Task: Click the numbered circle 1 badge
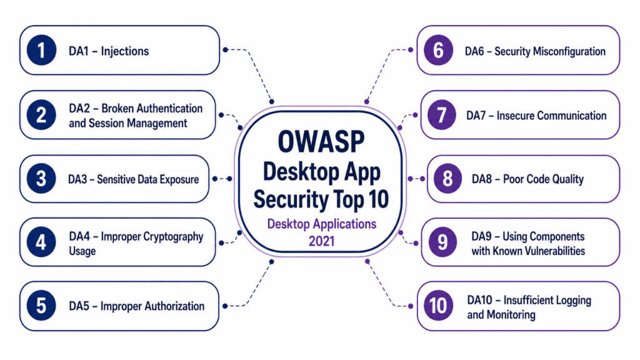pyautogui.click(x=41, y=50)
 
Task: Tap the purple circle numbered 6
pyautogui.click(x=438, y=50)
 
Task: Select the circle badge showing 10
pyautogui.click(x=438, y=306)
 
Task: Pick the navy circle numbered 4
pyautogui.click(x=41, y=242)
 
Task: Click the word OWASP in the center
pyautogui.click(x=321, y=142)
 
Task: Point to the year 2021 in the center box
pyautogui.click(x=322, y=241)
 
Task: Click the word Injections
pyautogui.click(x=125, y=51)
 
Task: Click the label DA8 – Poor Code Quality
pyautogui.click(x=527, y=179)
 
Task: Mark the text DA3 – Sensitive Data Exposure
pyautogui.click(x=134, y=179)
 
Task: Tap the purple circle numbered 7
pyautogui.click(x=442, y=115)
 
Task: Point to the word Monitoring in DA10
pyautogui.click(x=510, y=315)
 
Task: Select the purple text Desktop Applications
pyautogui.click(x=322, y=224)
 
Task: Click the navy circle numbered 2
pyautogui.click(x=41, y=115)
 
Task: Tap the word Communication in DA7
pyautogui.click(x=572, y=116)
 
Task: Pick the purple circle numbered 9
pyautogui.click(x=442, y=242)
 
